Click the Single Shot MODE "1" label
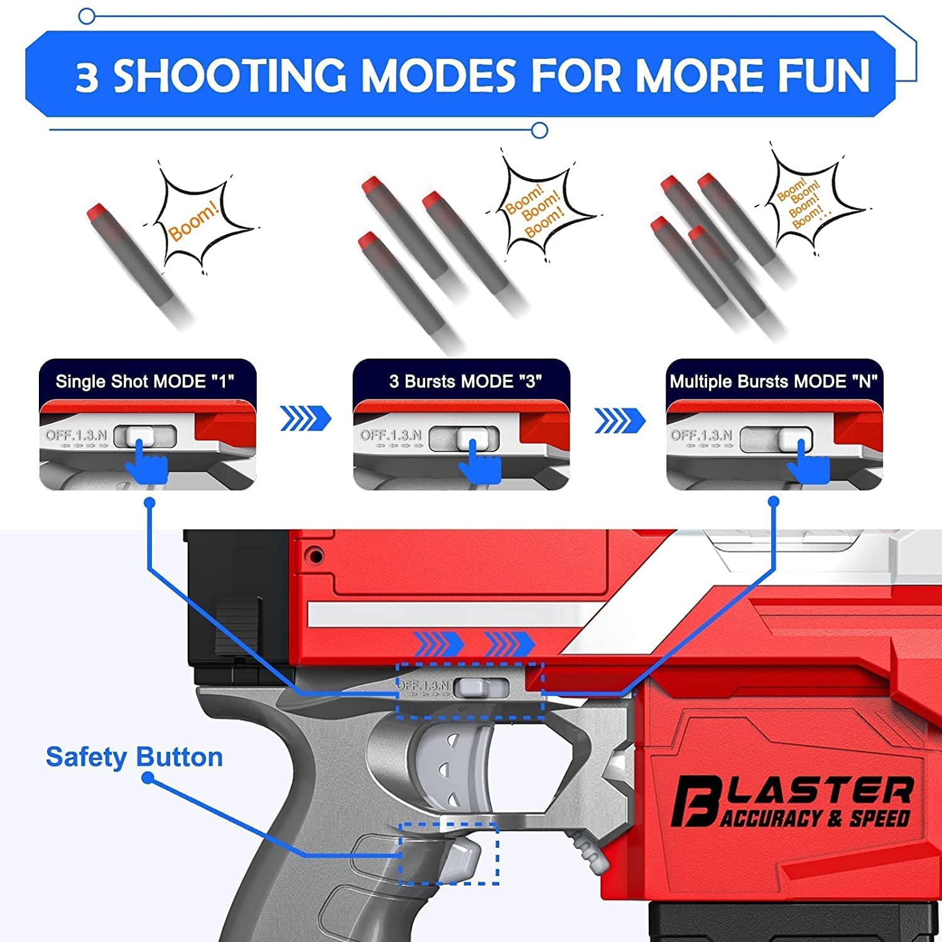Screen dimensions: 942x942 pos(144,381)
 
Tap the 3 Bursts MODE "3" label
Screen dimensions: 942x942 pos(465,381)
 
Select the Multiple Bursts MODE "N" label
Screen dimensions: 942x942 pos(774,381)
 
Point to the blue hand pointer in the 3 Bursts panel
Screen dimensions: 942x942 pos(480,463)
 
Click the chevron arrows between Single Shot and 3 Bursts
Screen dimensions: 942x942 pos(305,418)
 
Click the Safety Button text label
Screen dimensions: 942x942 pos(134,757)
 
